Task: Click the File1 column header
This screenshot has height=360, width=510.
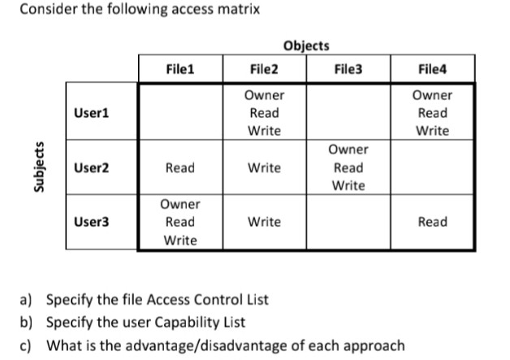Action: pyautogui.click(x=179, y=69)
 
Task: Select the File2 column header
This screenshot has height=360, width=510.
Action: pyautogui.click(x=263, y=69)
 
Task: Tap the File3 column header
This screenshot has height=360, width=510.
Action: pyautogui.click(x=348, y=69)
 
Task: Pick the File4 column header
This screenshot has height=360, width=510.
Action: pyautogui.click(x=431, y=69)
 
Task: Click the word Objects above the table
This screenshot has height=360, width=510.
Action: pyautogui.click(x=306, y=46)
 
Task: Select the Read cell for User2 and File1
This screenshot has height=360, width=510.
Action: pyautogui.click(x=179, y=167)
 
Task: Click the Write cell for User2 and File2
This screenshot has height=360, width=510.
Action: pyautogui.click(x=264, y=167)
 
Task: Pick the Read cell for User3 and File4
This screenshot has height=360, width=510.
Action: pyautogui.click(x=432, y=222)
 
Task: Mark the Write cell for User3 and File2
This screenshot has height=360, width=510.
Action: pyautogui.click(x=264, y=222)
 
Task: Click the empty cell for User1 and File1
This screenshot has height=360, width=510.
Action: pyautogui.click(x=179, y=113)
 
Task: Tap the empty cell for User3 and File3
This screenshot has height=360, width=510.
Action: pyautogui.click(x=348, y=222)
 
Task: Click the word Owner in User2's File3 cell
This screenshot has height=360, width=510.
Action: pyautogui.click(x=348, y=150)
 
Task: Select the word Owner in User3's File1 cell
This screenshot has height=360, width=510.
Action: pyautogui.click(x=179, y=204)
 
